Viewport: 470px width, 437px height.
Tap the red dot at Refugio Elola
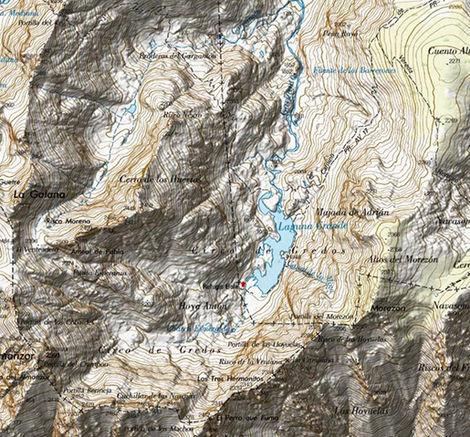tap(244, 285)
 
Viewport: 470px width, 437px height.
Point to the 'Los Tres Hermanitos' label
tap(224, 378)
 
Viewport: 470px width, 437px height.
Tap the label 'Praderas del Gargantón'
tap(176, 56)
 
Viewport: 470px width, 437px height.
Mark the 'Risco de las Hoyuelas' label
tap(347, 340)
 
